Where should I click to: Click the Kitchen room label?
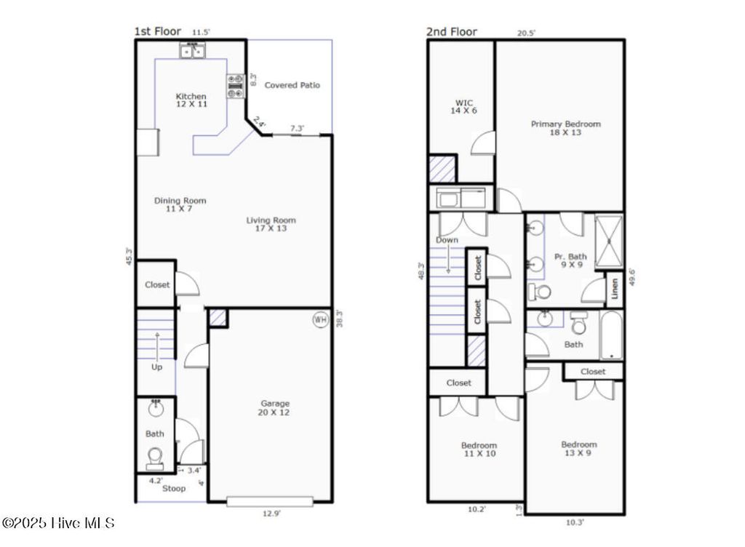point(191,100)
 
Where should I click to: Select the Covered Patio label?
point(292,85)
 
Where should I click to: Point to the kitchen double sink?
point(194,51)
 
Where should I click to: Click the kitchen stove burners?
point(236,86)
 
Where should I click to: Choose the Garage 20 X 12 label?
point(276,408)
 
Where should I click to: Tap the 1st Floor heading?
point(157,31)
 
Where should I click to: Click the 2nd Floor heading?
point(451,31)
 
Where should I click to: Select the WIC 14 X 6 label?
point(464,107)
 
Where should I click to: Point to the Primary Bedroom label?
point(565,129)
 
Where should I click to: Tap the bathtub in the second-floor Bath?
point(612,335)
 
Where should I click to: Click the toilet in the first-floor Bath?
point(155,457)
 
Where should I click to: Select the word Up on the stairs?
point(156,367)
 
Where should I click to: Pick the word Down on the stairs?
point(447,240)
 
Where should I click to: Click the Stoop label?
point(173,488)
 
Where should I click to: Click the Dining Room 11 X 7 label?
point(180,205)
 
